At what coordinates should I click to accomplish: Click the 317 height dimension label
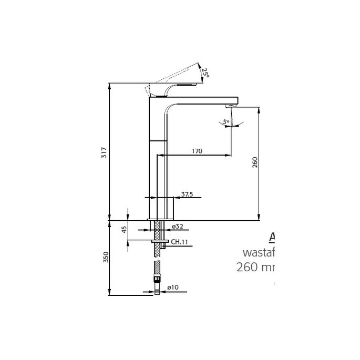tap(104, 152)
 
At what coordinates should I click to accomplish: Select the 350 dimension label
tap(105, 258)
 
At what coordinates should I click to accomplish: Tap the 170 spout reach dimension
tap(197, 151)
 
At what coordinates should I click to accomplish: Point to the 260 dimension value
tap(255, 163)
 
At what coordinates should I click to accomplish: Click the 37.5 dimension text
tap(187, 194)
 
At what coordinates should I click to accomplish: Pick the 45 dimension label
tap(124, 229)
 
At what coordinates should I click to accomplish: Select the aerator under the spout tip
tap(230, 106)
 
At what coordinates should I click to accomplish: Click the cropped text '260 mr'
tap(255, 268)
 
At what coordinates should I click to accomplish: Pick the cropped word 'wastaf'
tap(258, 252)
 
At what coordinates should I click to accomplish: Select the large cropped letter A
tap(271, 237)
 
